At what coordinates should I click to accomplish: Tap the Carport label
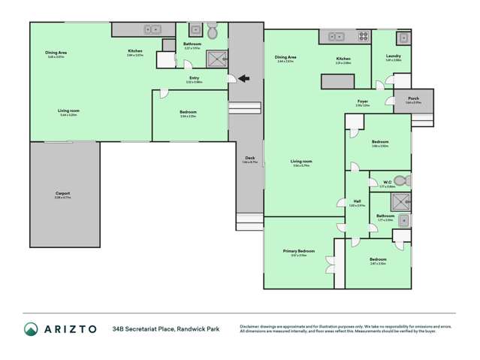point(63,194)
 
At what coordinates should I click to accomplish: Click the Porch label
point(413,99)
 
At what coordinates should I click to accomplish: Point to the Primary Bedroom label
point(298,252)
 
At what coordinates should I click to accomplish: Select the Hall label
point(358,202)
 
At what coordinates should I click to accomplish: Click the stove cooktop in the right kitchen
point(363,35)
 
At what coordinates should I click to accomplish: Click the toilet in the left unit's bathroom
point(212,31)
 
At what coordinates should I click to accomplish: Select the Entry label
point(195,77)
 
